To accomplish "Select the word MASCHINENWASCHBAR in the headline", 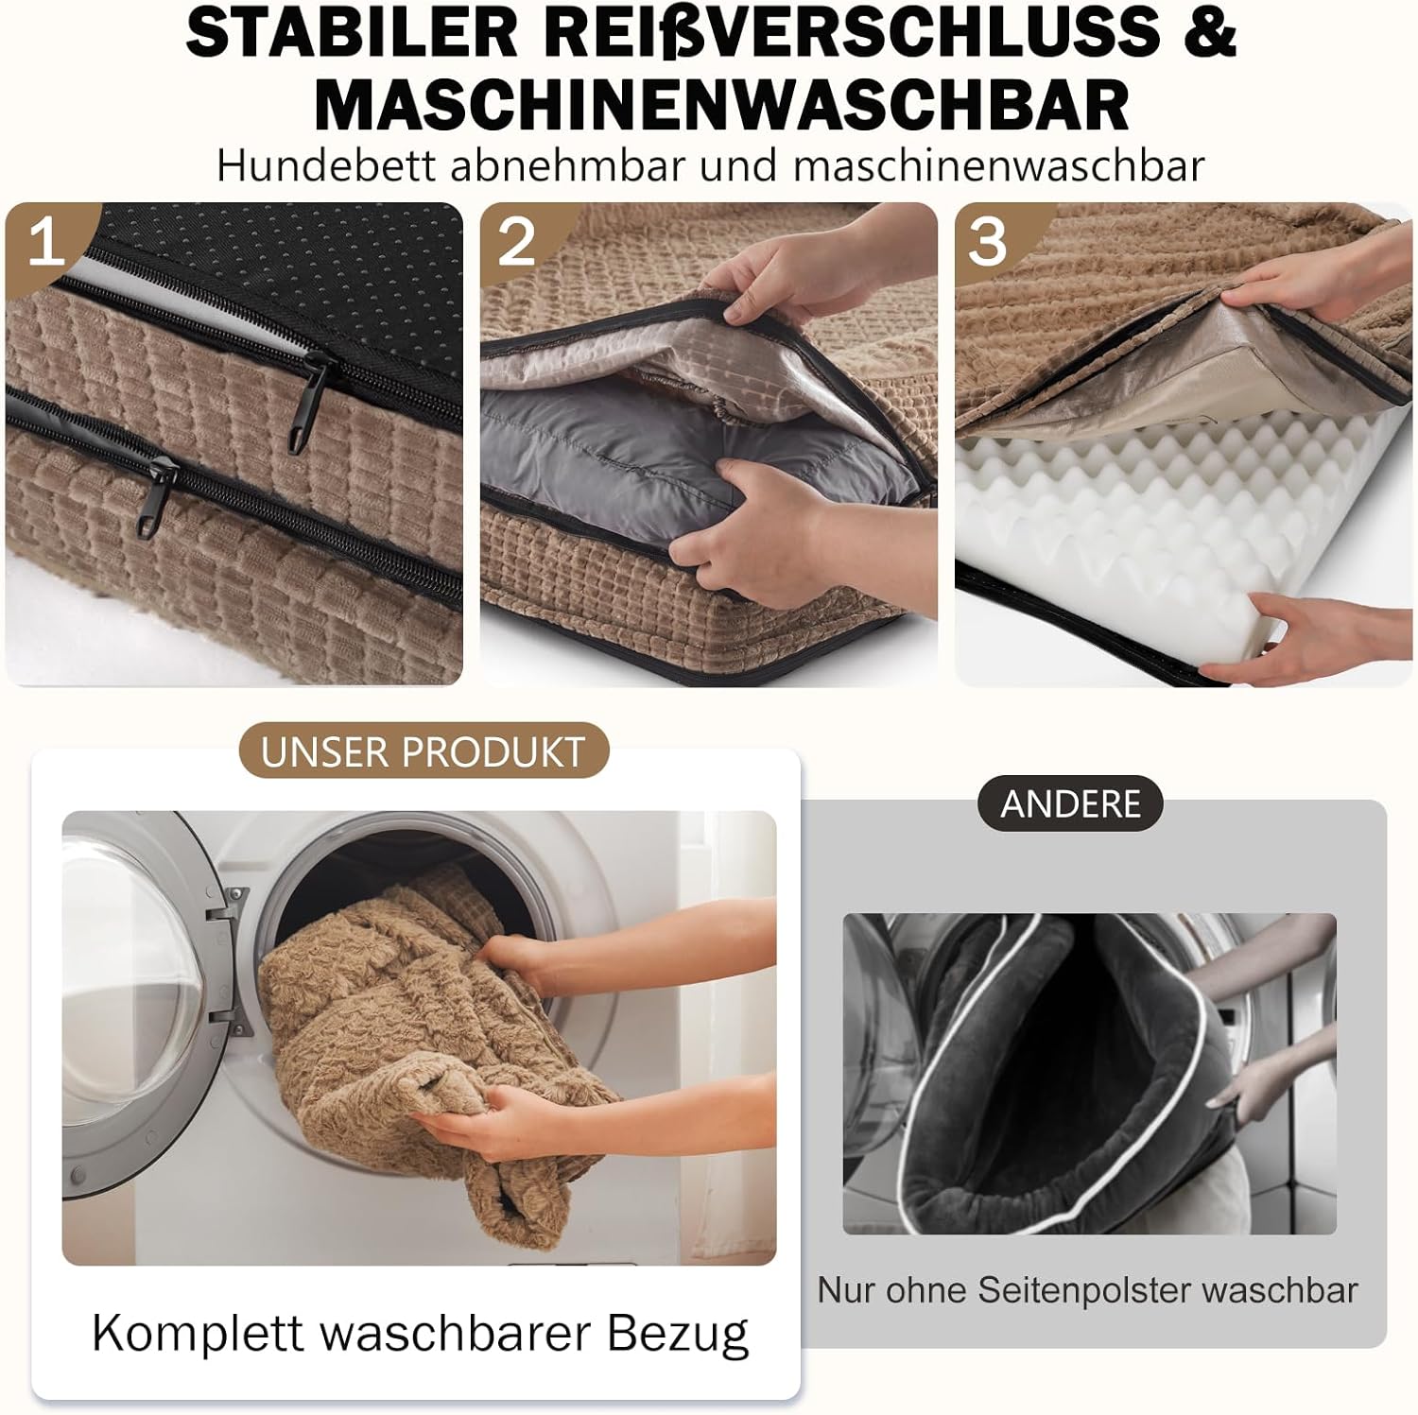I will (x=721, y=105).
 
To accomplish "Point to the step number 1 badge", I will (x=44, y=242).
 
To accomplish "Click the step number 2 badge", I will (x=516, y=242).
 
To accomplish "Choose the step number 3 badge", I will (x=988, y=242).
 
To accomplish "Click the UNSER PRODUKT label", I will (x=423, y=752).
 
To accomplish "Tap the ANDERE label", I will (x=1070, y=804).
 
